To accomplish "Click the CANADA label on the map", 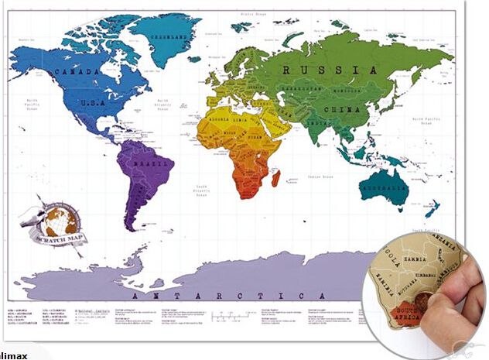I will (77, 72).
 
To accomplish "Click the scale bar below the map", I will (232, 315).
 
